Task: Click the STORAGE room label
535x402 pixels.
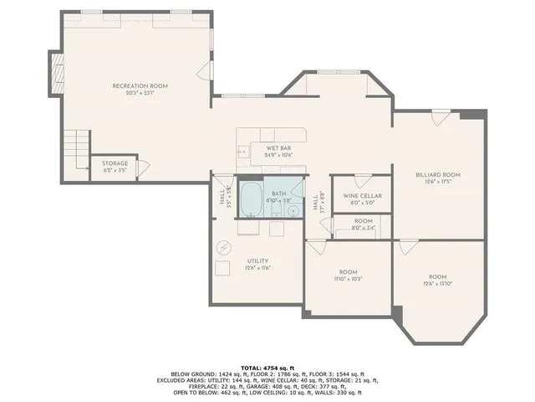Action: [115, 163]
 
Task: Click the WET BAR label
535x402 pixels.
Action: [278, 148]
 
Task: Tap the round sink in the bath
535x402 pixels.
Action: [293, 209]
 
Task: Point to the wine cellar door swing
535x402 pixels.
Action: [360, 181]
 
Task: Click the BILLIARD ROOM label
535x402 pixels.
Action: [438, 175]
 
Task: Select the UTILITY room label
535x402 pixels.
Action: [257, 260]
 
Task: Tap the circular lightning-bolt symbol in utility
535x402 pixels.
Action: [224, 246]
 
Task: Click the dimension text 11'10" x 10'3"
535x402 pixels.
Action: [348, 278]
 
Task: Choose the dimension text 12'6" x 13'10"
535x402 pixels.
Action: [438, 283]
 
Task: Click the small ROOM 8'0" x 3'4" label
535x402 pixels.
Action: [362, 224]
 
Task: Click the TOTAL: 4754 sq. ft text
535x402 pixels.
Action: [267, 368]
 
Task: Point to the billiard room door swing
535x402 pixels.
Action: [436, 121]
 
